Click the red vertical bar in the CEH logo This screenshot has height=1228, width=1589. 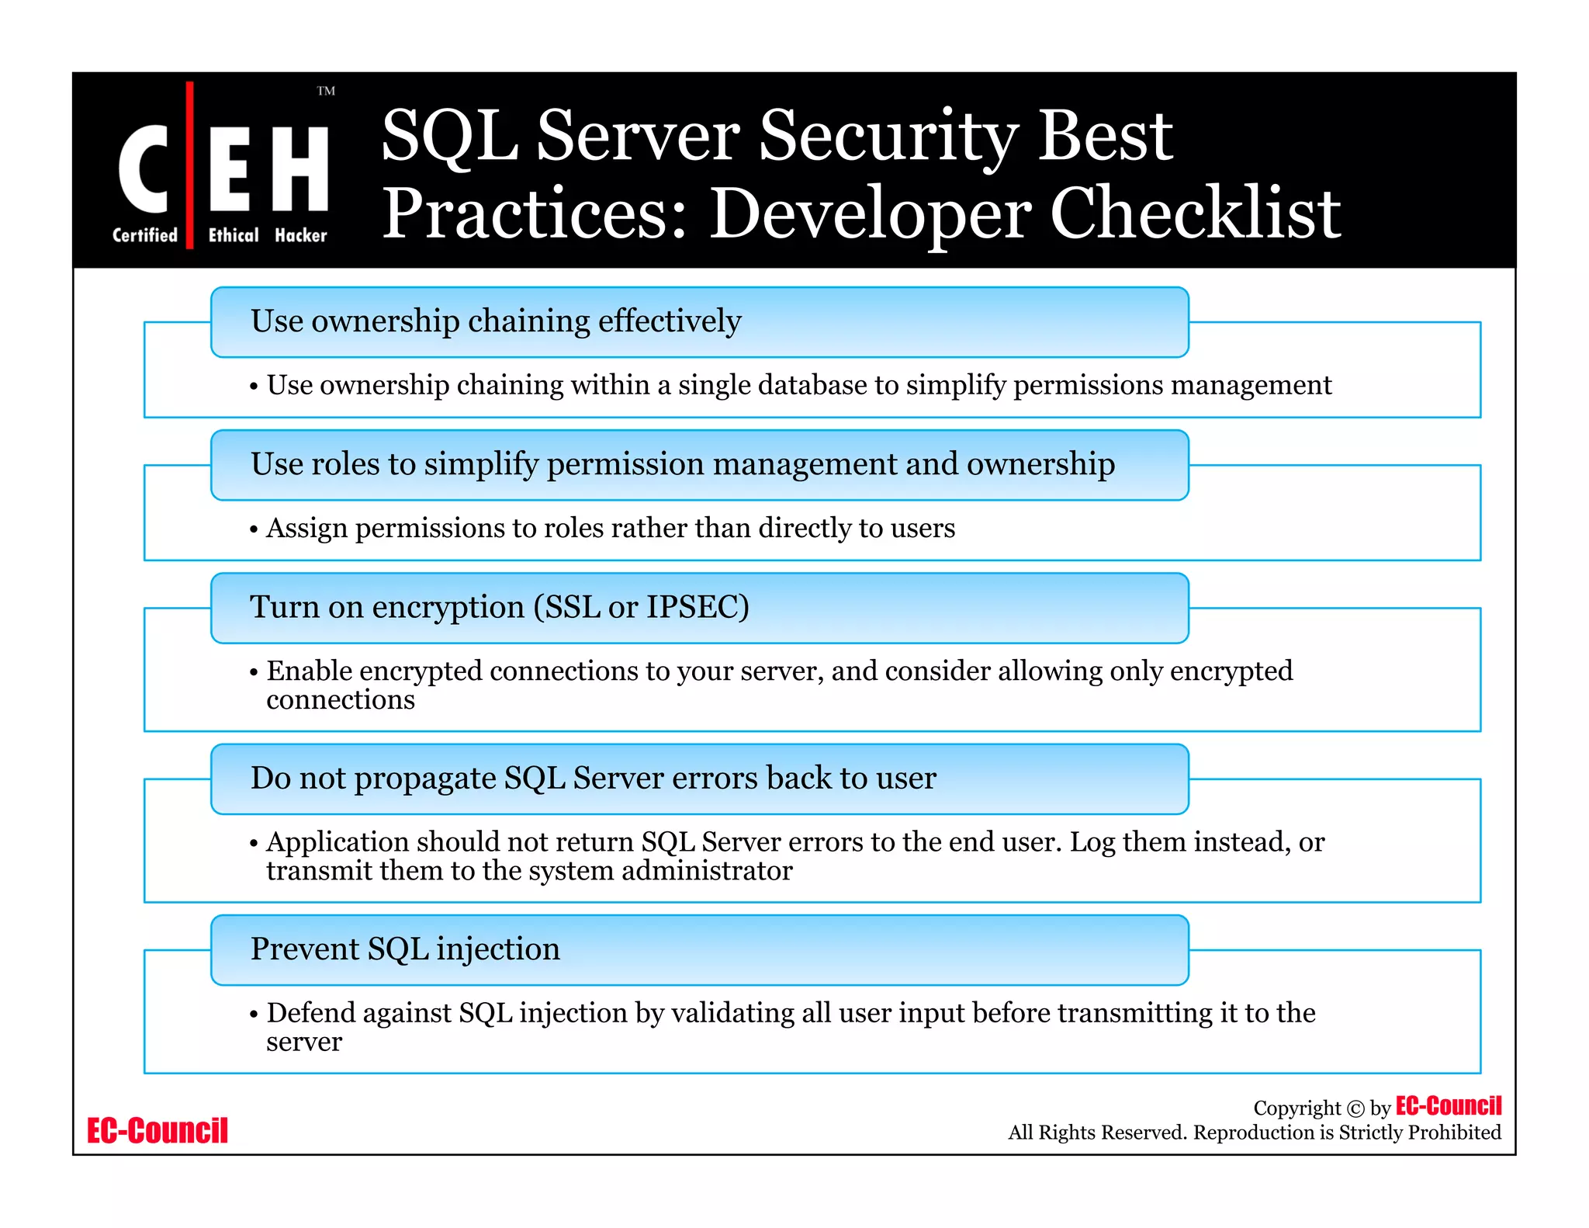tap(189, 165)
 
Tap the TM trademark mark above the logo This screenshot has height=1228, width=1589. tap(326, 91)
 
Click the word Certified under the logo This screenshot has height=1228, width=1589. tap(145, 235)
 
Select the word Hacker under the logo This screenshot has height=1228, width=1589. tap(301, 235)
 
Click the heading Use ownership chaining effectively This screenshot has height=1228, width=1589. tap(496, 321)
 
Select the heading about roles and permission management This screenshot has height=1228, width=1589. tap(683, 464)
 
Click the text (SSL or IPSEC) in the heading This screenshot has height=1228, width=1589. tap(641, 607)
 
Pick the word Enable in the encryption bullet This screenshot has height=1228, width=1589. tap(309, 671)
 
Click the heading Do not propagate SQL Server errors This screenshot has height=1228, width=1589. tap(593, 778)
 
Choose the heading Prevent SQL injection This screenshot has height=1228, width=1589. tap(405, 949)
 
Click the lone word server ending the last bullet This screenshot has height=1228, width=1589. tap(303, 1042)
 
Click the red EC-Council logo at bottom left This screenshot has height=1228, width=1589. tap(158, 1130)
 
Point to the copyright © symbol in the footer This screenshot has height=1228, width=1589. tap(1355, 1108)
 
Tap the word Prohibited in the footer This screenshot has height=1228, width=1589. tap(1454, 1133)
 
